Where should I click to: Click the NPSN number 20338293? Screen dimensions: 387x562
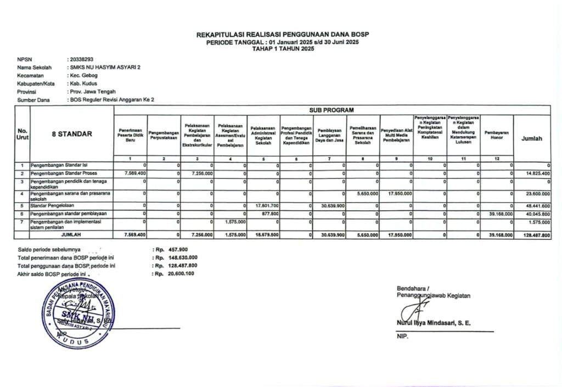(81, 59)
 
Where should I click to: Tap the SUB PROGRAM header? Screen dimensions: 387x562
(331, 110)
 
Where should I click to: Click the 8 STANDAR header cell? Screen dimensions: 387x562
(72, 133)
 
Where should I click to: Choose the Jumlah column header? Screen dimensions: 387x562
(531, 139)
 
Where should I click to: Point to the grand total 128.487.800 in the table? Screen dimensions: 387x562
(535, 235)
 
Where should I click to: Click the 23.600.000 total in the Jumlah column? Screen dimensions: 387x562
(536, 194)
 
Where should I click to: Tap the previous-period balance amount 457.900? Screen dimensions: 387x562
(178, 250)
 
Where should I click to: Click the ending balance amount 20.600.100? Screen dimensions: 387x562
(181, 273)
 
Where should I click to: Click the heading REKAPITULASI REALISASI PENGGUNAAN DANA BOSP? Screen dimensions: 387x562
(283, 35)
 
